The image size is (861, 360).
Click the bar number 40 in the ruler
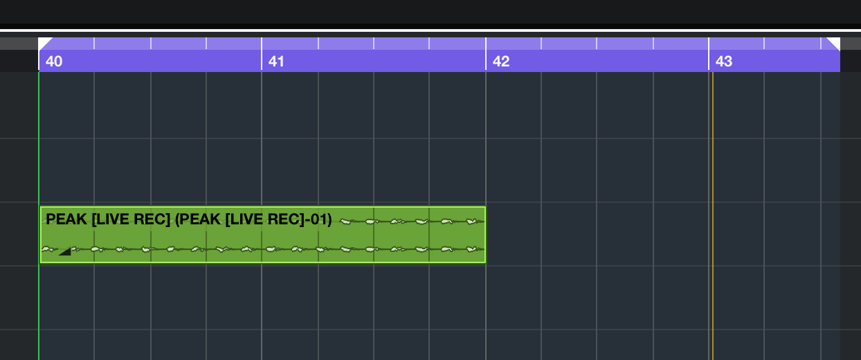(54, 62)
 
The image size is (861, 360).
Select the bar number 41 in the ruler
(277, 62)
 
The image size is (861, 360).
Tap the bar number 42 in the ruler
(501, 62)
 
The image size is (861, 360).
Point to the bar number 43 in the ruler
(724, 62)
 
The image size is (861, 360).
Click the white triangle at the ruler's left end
(43, 42)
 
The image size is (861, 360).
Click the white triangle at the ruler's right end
(835, 42)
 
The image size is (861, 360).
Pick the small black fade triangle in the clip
(65, 251)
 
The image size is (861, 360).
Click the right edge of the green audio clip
(486, 235)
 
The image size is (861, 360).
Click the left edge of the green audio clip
(40, 235)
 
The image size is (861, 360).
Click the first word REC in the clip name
(154, 220)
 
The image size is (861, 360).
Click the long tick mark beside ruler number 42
(486, 54)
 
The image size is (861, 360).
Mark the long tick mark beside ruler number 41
(262, 54)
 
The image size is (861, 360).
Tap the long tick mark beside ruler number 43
(709, 54)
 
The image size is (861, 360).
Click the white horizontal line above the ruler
(429, 31)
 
